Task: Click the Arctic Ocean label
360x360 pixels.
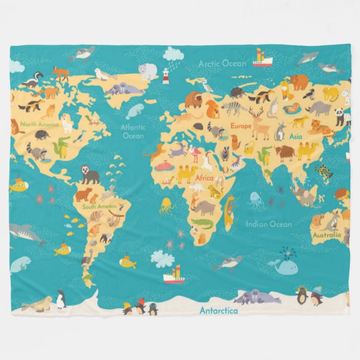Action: (222, 64)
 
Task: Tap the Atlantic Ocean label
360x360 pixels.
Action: (133, 131)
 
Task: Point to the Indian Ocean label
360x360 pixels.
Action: (268, 224)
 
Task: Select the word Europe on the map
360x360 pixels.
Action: (241, 126)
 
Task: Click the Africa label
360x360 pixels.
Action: (204, 178)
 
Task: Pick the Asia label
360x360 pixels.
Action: (295, 136)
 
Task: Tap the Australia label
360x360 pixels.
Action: (326, 235)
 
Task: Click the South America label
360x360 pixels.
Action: (100, 206)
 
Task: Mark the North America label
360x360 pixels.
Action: (39, 124)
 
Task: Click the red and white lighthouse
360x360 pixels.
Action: (165, 76)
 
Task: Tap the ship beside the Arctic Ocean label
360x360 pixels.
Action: (262, 58)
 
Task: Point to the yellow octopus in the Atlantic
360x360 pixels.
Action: (167, 206)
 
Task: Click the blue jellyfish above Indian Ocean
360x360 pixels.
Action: (256, 200)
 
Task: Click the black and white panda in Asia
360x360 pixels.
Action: (340, 116)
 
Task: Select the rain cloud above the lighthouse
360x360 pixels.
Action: (173, 54)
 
